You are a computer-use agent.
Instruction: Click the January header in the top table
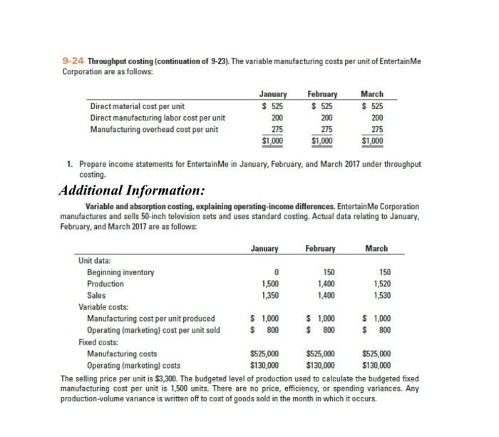273,94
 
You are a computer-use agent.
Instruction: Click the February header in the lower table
319,249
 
